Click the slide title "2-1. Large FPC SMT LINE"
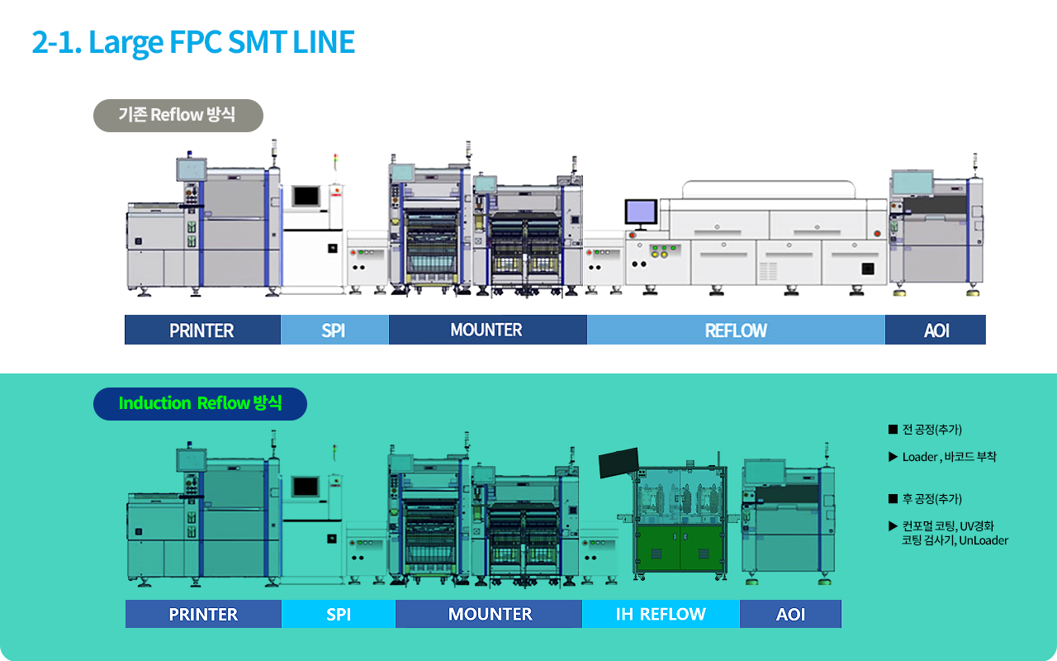tap(193, 42)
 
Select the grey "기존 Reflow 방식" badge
tap(178, 115)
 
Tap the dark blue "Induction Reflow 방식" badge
tap(200, 403)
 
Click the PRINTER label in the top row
tap(202, 330)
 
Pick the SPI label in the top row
tap(334, 330)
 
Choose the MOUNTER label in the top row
tap(487, 330)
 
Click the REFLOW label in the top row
tap(736, 330)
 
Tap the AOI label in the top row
tap(936, 330)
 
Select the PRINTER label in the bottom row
tap(203, 614)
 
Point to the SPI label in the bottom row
tap(339, 614)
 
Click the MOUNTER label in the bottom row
tap(489, 614)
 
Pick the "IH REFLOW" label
tap(661, 614)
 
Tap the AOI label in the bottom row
tap(790, 614)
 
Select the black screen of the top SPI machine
tap(306, 196)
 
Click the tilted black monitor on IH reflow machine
tap(619, 463)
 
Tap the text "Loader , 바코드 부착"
tap(949, 457)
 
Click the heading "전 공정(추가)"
tap(931, 430)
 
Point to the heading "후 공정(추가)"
tap(931, 499)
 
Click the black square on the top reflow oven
tap(868, 269)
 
